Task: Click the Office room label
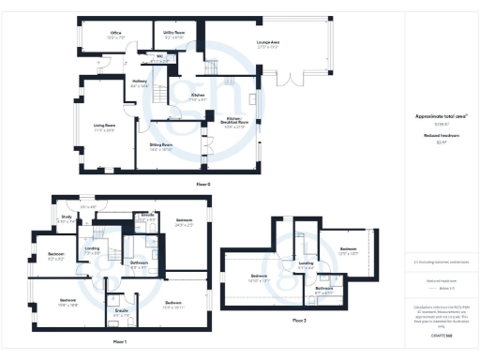coord(116,34)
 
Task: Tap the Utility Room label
coord(173,33)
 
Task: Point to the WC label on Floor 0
coord(160,56)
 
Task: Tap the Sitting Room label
coord(161,145)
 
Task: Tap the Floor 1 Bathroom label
coord(140,262)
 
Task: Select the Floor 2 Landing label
coord(307,263)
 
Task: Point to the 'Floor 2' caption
coord(299,321)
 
